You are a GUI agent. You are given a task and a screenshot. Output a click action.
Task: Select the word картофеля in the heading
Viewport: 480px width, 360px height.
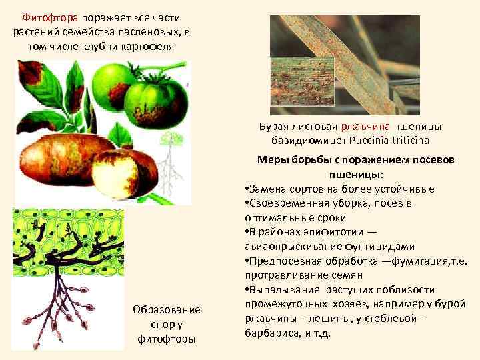click(x=150, y=46)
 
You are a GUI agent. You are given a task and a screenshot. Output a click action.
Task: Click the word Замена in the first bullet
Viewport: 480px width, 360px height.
click(x=268, y=189)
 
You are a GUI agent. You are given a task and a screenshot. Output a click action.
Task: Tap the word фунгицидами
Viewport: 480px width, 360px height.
click(x=385, y=246)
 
